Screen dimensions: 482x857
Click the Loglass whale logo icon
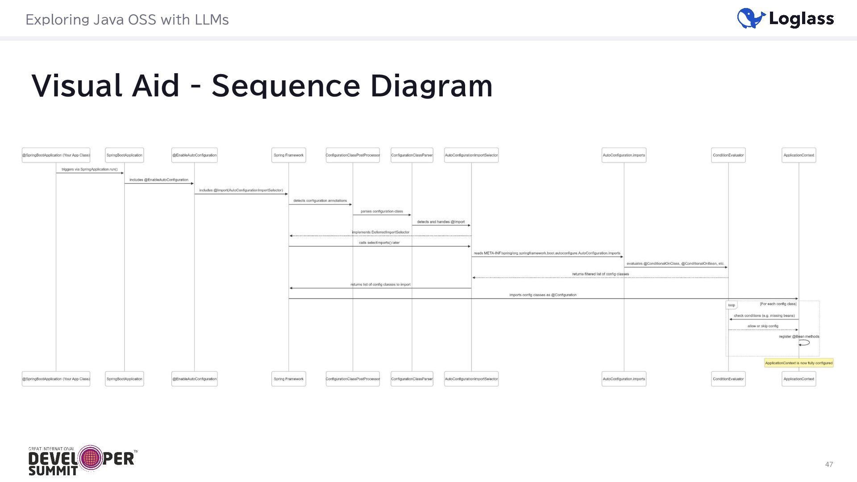point(751,19)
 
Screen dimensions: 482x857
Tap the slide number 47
point(829,465)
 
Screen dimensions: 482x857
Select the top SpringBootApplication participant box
point(125,155)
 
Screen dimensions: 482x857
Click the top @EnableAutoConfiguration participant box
point(195,155)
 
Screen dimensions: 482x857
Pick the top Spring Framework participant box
point(288,155)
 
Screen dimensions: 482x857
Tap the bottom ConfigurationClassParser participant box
point(412,379)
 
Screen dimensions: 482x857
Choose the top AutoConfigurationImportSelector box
point(471,155)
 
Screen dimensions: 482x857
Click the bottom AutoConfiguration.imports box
point(624,379)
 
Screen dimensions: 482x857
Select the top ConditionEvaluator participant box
point(728,155)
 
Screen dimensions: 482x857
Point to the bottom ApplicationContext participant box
point(799,379)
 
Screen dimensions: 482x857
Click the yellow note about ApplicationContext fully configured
point(799,363)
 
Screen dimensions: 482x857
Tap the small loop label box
point(731,305)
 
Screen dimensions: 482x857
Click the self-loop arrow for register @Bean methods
point(804,343)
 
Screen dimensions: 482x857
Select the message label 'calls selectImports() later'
point(379,243)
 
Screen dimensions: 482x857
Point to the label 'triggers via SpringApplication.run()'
point(89,170)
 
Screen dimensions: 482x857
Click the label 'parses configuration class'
point(382,212)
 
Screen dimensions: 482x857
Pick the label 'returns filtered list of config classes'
point(600,274)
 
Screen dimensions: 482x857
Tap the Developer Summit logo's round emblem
point(91,458)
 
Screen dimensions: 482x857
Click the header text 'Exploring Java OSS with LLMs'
point(127,20)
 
